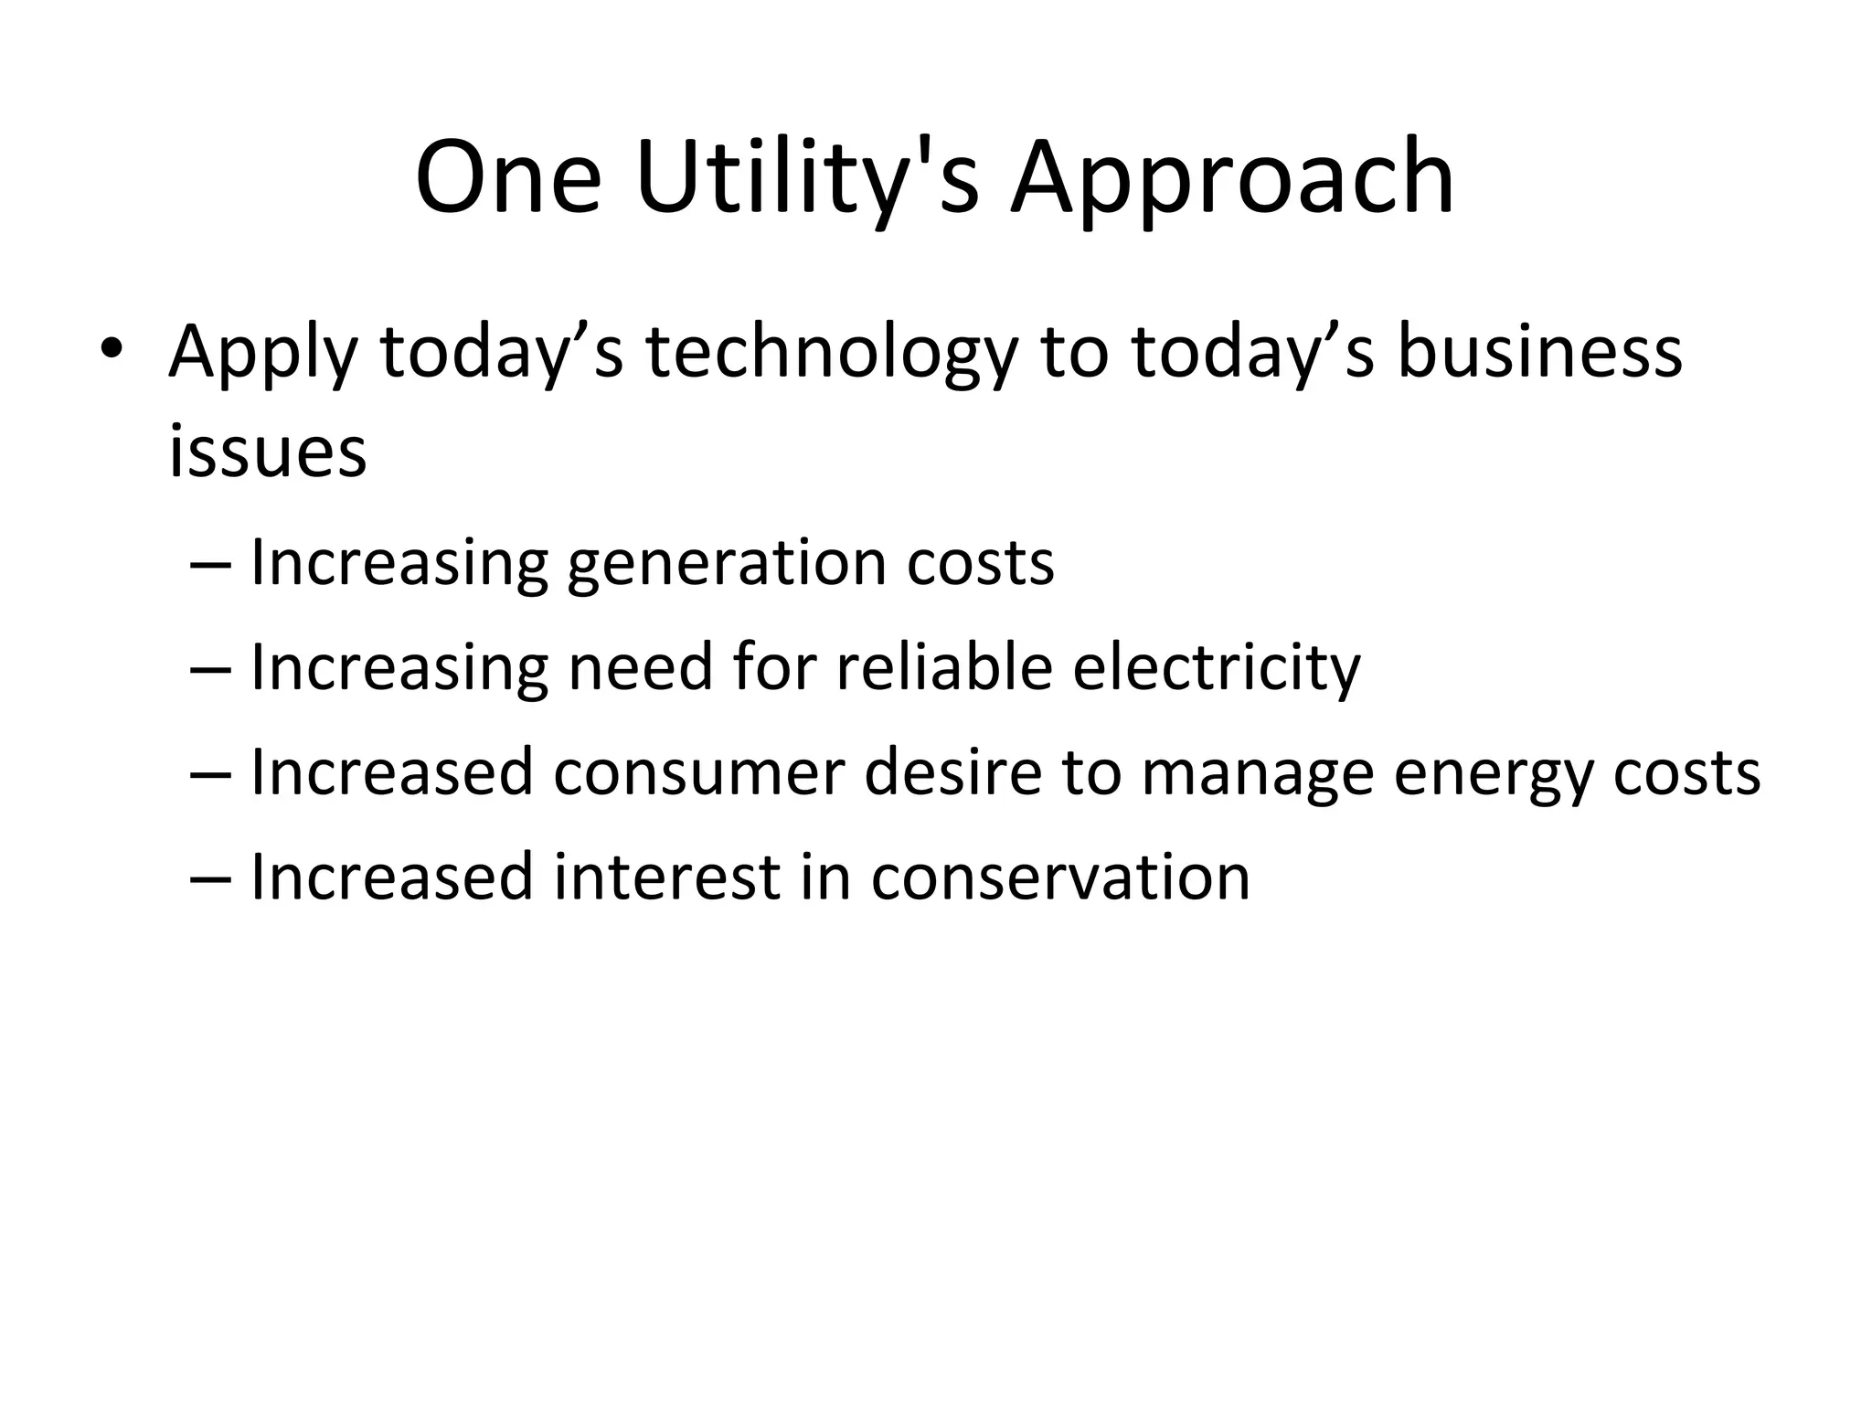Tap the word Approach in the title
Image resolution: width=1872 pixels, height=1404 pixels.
[1231, 178]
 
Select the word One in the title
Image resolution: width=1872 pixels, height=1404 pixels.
[508, 178]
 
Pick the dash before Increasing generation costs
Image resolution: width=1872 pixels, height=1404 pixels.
[212, 563]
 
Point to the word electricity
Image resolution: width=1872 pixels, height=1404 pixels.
[1217, 669]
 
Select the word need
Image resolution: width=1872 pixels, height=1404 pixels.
[640, 667]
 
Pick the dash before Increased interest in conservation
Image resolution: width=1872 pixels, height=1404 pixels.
[212, 877]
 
